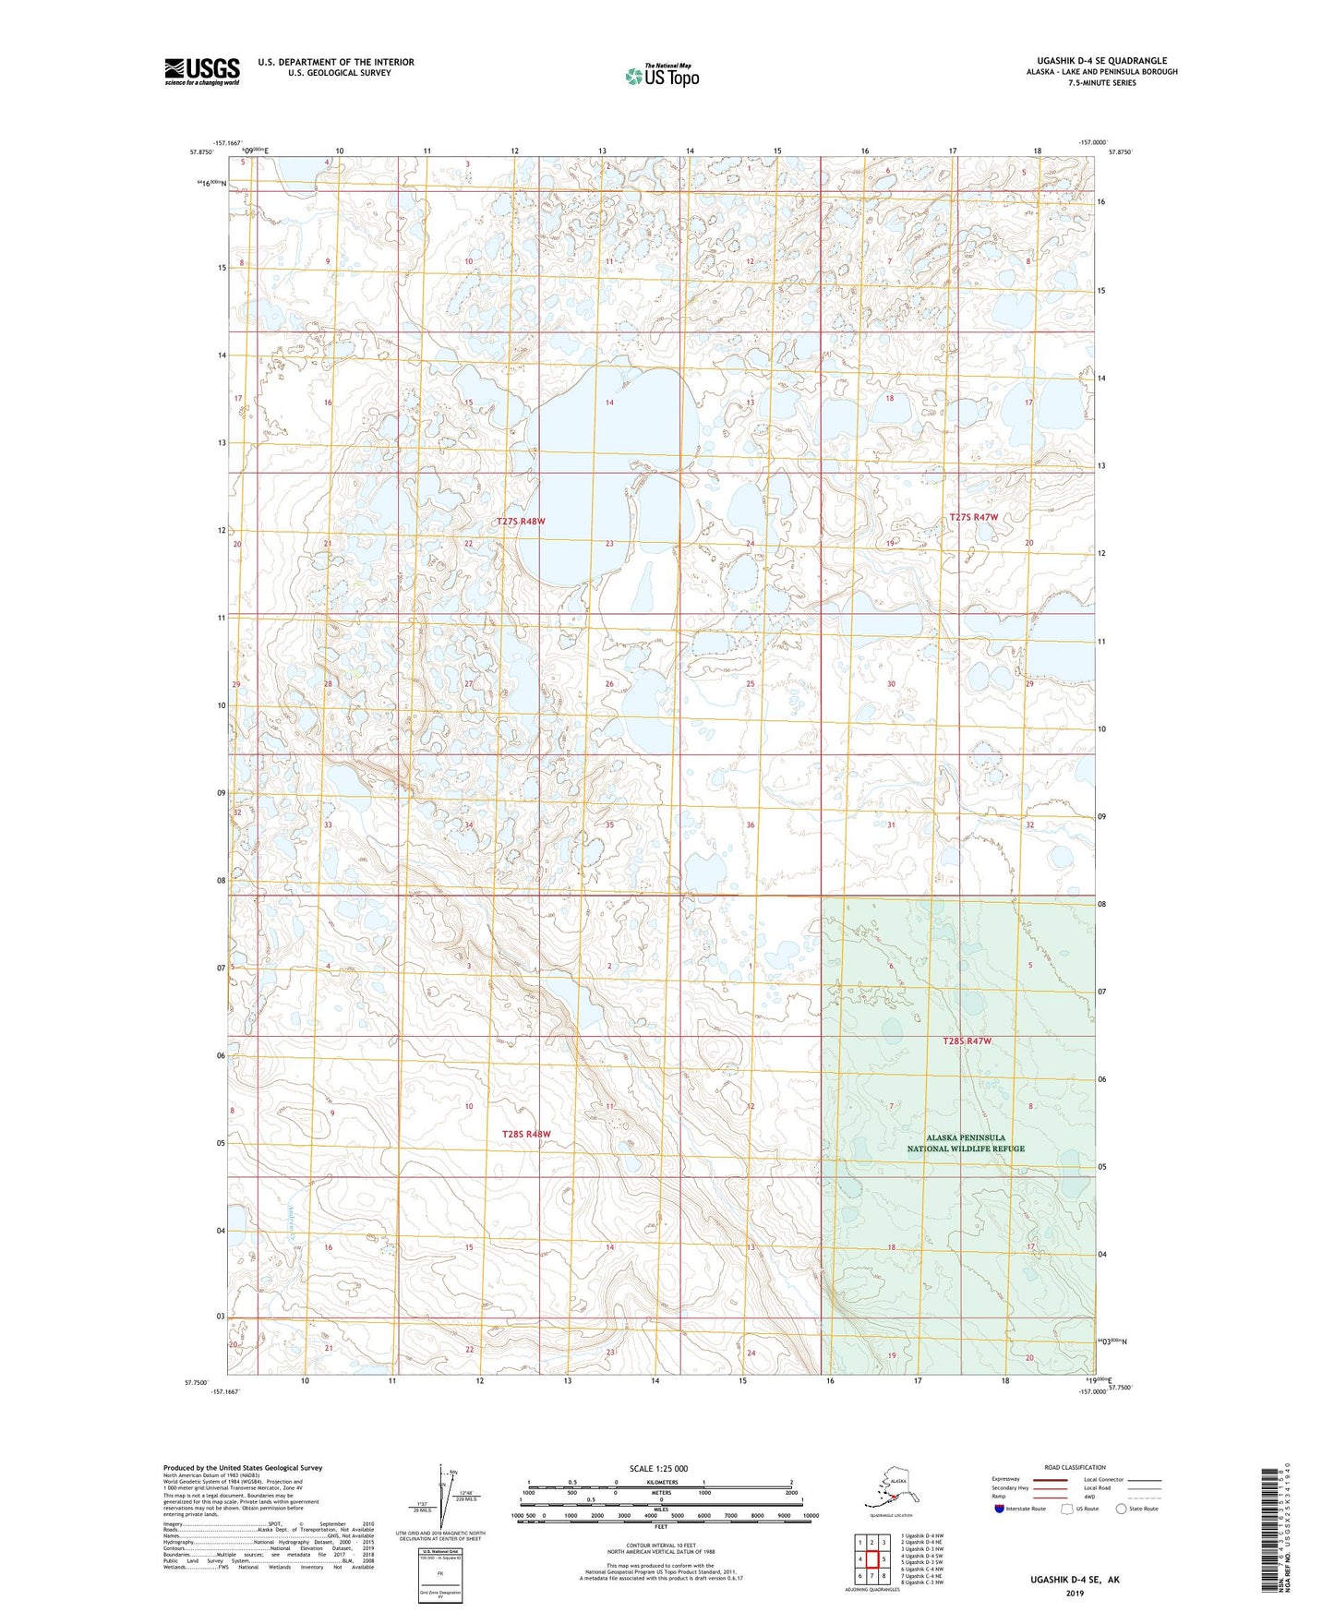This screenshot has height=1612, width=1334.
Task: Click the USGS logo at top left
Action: [201, 71]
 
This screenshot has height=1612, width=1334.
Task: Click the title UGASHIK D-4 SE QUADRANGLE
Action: [1100, 61]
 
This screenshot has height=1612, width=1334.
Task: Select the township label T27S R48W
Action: [521, 522]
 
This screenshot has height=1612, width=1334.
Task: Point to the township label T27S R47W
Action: [973, 518]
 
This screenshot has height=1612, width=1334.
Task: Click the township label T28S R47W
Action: [967, 1041]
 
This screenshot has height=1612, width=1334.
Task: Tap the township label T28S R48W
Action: [525, 1134]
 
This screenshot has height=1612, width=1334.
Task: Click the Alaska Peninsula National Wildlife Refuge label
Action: [966, 1143]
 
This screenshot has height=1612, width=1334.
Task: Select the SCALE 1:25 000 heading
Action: [659, 1469]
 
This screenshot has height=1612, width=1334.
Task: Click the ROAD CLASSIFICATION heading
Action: [1076, 1467]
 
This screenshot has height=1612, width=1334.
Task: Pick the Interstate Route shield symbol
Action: [1000, 1509]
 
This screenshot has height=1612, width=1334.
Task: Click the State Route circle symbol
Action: [1122, 1509]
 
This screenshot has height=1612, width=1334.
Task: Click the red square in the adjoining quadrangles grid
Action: [871, 1559]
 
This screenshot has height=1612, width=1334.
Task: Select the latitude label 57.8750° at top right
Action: [1120, 152]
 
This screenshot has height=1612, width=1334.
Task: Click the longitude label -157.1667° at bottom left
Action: [225, 1391]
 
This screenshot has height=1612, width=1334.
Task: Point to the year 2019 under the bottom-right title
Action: [1074, 1593]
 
